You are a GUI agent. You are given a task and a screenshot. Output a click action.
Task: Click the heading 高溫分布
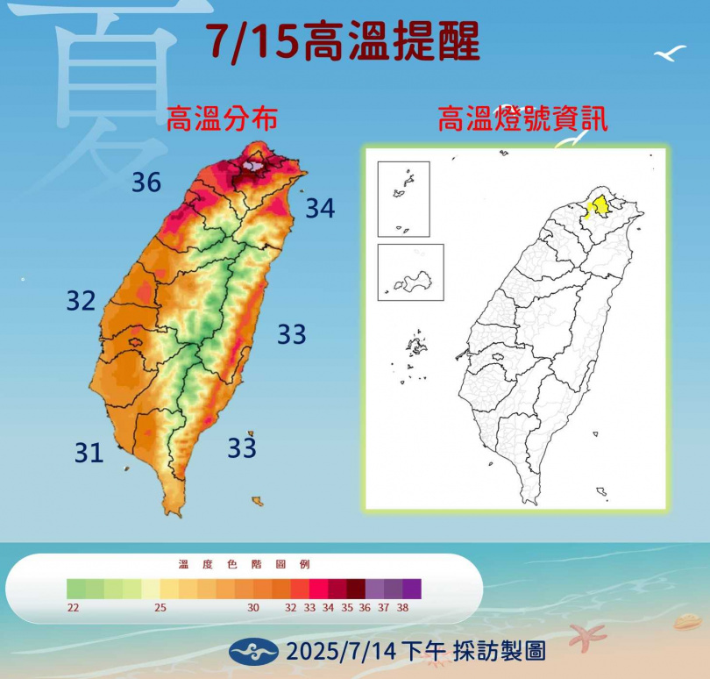coord(222,119)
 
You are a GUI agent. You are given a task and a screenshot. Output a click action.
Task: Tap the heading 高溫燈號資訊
coord(522,119)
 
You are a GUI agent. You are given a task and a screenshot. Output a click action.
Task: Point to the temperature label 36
coord(146,182)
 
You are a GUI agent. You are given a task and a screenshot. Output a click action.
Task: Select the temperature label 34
coord(320,209)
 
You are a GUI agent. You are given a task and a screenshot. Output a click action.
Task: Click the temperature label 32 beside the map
coord(81,301)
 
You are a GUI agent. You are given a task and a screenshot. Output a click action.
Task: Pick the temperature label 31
coord(89,453)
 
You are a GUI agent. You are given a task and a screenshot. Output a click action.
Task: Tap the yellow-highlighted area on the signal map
coord(598,206)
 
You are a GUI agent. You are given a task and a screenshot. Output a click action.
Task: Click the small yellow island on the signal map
coord(595,432)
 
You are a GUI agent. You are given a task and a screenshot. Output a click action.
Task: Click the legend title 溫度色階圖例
coord(244,564)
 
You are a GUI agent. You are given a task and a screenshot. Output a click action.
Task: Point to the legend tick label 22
coord(74,607)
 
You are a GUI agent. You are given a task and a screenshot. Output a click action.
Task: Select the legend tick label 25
coord(161,607)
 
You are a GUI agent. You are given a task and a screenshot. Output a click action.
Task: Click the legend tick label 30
coord(253,607)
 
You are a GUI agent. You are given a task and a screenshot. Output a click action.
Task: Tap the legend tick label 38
coord(403,607)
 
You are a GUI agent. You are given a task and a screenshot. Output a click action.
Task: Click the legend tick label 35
coord(346,607)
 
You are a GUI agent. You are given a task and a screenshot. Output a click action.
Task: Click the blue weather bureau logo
coord(253,651)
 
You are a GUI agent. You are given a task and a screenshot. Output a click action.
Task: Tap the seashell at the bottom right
coord(686,623)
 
